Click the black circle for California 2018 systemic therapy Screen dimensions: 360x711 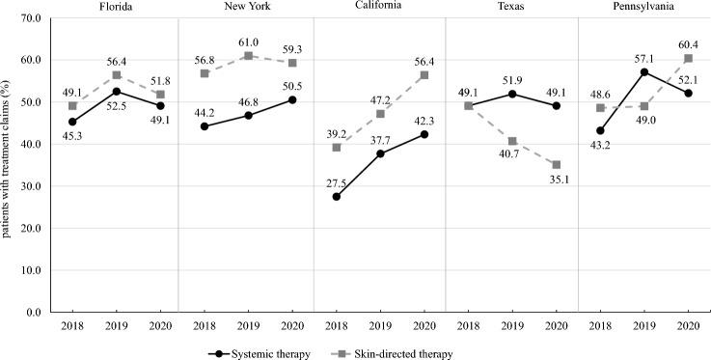click(335, 197)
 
